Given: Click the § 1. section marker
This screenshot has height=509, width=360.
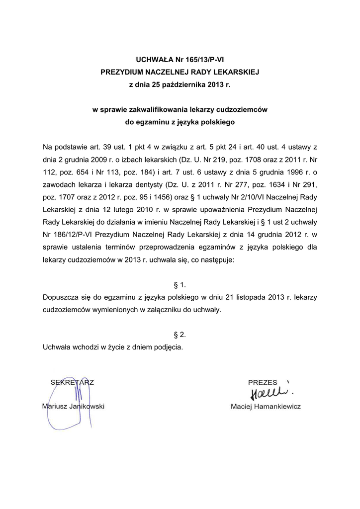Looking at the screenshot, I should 180,284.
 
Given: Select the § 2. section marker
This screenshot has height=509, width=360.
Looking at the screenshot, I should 180,335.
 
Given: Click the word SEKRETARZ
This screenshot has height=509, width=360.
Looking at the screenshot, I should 73,382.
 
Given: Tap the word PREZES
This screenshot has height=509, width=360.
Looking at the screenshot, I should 263,382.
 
